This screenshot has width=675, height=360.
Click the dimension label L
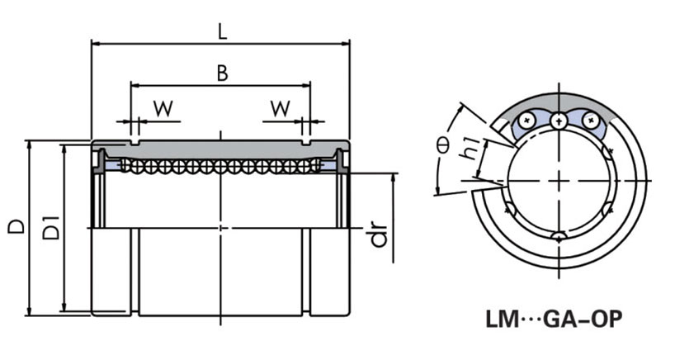click(221, 31)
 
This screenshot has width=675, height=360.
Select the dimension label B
click(221, 73)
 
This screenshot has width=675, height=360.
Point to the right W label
click(281, 107)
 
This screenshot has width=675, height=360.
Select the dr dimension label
click(379, 234)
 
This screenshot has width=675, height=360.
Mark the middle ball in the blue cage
click(559, 121)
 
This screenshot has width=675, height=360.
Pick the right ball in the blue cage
click(589, 121)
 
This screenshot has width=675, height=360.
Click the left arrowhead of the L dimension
click(93, 42)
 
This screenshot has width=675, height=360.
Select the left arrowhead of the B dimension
click(134, 84)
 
